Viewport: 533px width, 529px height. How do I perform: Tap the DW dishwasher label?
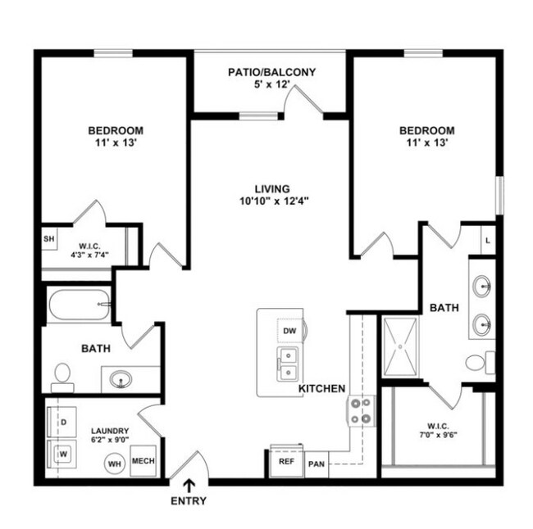tap(289, 331)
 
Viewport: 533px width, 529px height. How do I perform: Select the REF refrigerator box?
tap(286, 461)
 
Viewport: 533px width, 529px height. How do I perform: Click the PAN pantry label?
tap(316, 463)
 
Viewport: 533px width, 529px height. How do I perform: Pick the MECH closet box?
tap(143, 461)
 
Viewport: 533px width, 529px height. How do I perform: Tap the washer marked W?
tap(62, 451)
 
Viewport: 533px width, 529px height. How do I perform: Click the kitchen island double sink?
tap(287, 364)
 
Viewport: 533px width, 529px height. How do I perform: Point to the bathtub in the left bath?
tap(80, 305)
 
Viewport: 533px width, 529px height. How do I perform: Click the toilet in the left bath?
tap(61, 377)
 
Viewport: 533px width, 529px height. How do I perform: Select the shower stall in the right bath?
tap(400, 346)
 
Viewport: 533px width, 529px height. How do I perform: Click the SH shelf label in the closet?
tap(48, 239)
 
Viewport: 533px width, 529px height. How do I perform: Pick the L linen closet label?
tap(488, 240)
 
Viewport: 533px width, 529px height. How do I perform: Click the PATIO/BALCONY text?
tap(271, 72)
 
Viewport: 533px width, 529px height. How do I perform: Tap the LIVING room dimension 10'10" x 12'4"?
tap(271, 200)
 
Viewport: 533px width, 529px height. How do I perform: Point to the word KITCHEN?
tap(321, 388)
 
